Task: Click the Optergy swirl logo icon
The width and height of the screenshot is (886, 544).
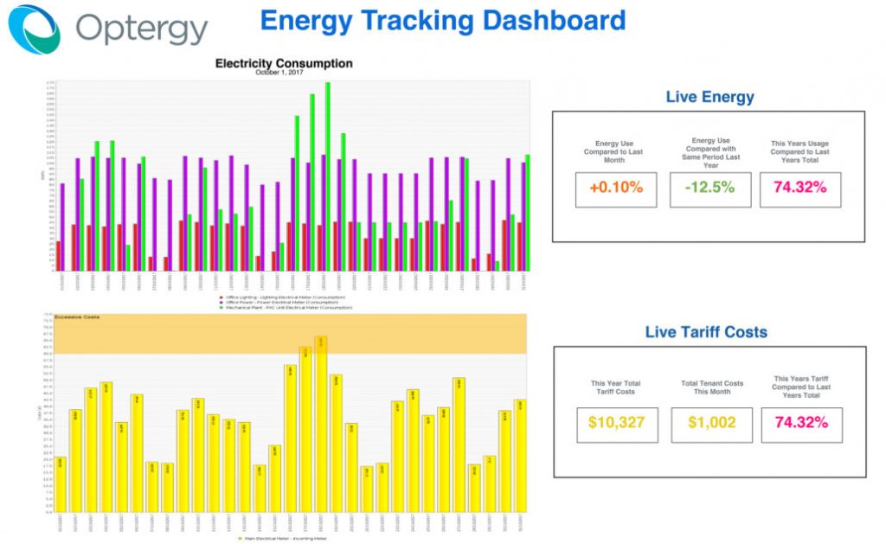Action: [x=35, y=29]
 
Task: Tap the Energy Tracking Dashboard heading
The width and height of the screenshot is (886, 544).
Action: [x=442, y=20]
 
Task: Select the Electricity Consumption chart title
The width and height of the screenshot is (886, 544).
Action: [x=283, y=63]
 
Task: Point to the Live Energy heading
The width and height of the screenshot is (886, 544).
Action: [x=709, y=97]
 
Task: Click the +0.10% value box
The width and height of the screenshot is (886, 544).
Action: [x=616, y=188]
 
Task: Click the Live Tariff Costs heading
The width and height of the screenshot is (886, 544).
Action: [x=706, y=331]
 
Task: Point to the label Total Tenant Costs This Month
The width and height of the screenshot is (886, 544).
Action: [x=711, y=387]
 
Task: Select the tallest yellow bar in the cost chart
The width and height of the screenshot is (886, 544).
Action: [x=321, y=424]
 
